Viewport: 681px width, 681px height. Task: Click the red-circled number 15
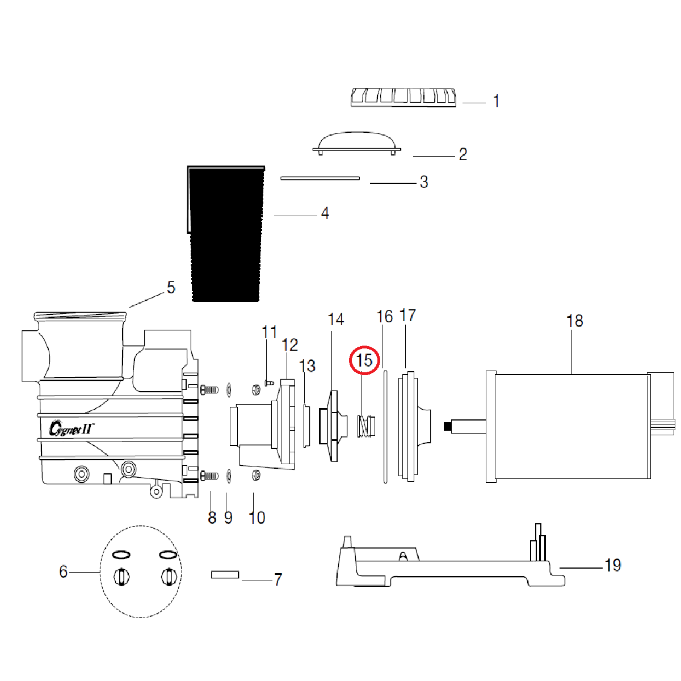click(x=364, y=360)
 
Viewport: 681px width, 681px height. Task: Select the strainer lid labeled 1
click(x=403, y=97)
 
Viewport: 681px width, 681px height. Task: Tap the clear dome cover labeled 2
click(x=357, y=142)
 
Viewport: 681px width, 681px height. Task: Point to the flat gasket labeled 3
click(x=320, y=178)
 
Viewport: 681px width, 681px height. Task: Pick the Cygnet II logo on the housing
click(x=71, y=427)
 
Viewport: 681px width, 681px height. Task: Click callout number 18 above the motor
click(x=574, y=321)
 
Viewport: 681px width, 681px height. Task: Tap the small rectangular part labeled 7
click(x=225, y=574)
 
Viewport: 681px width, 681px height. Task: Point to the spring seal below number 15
click(x=364, y=426)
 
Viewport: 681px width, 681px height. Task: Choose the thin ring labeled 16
click(x=385, y=426)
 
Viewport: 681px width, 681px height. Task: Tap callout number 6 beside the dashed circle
click(x=64, y=571)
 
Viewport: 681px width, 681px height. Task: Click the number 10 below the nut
click(x=257, y=518)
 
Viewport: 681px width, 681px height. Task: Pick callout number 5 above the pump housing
click(x=171, y=288)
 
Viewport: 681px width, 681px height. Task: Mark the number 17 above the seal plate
click(x=407, y=316)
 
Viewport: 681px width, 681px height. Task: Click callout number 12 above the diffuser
click(x=290, y=345)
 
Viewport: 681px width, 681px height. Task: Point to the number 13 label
click(x=307, y=366)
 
